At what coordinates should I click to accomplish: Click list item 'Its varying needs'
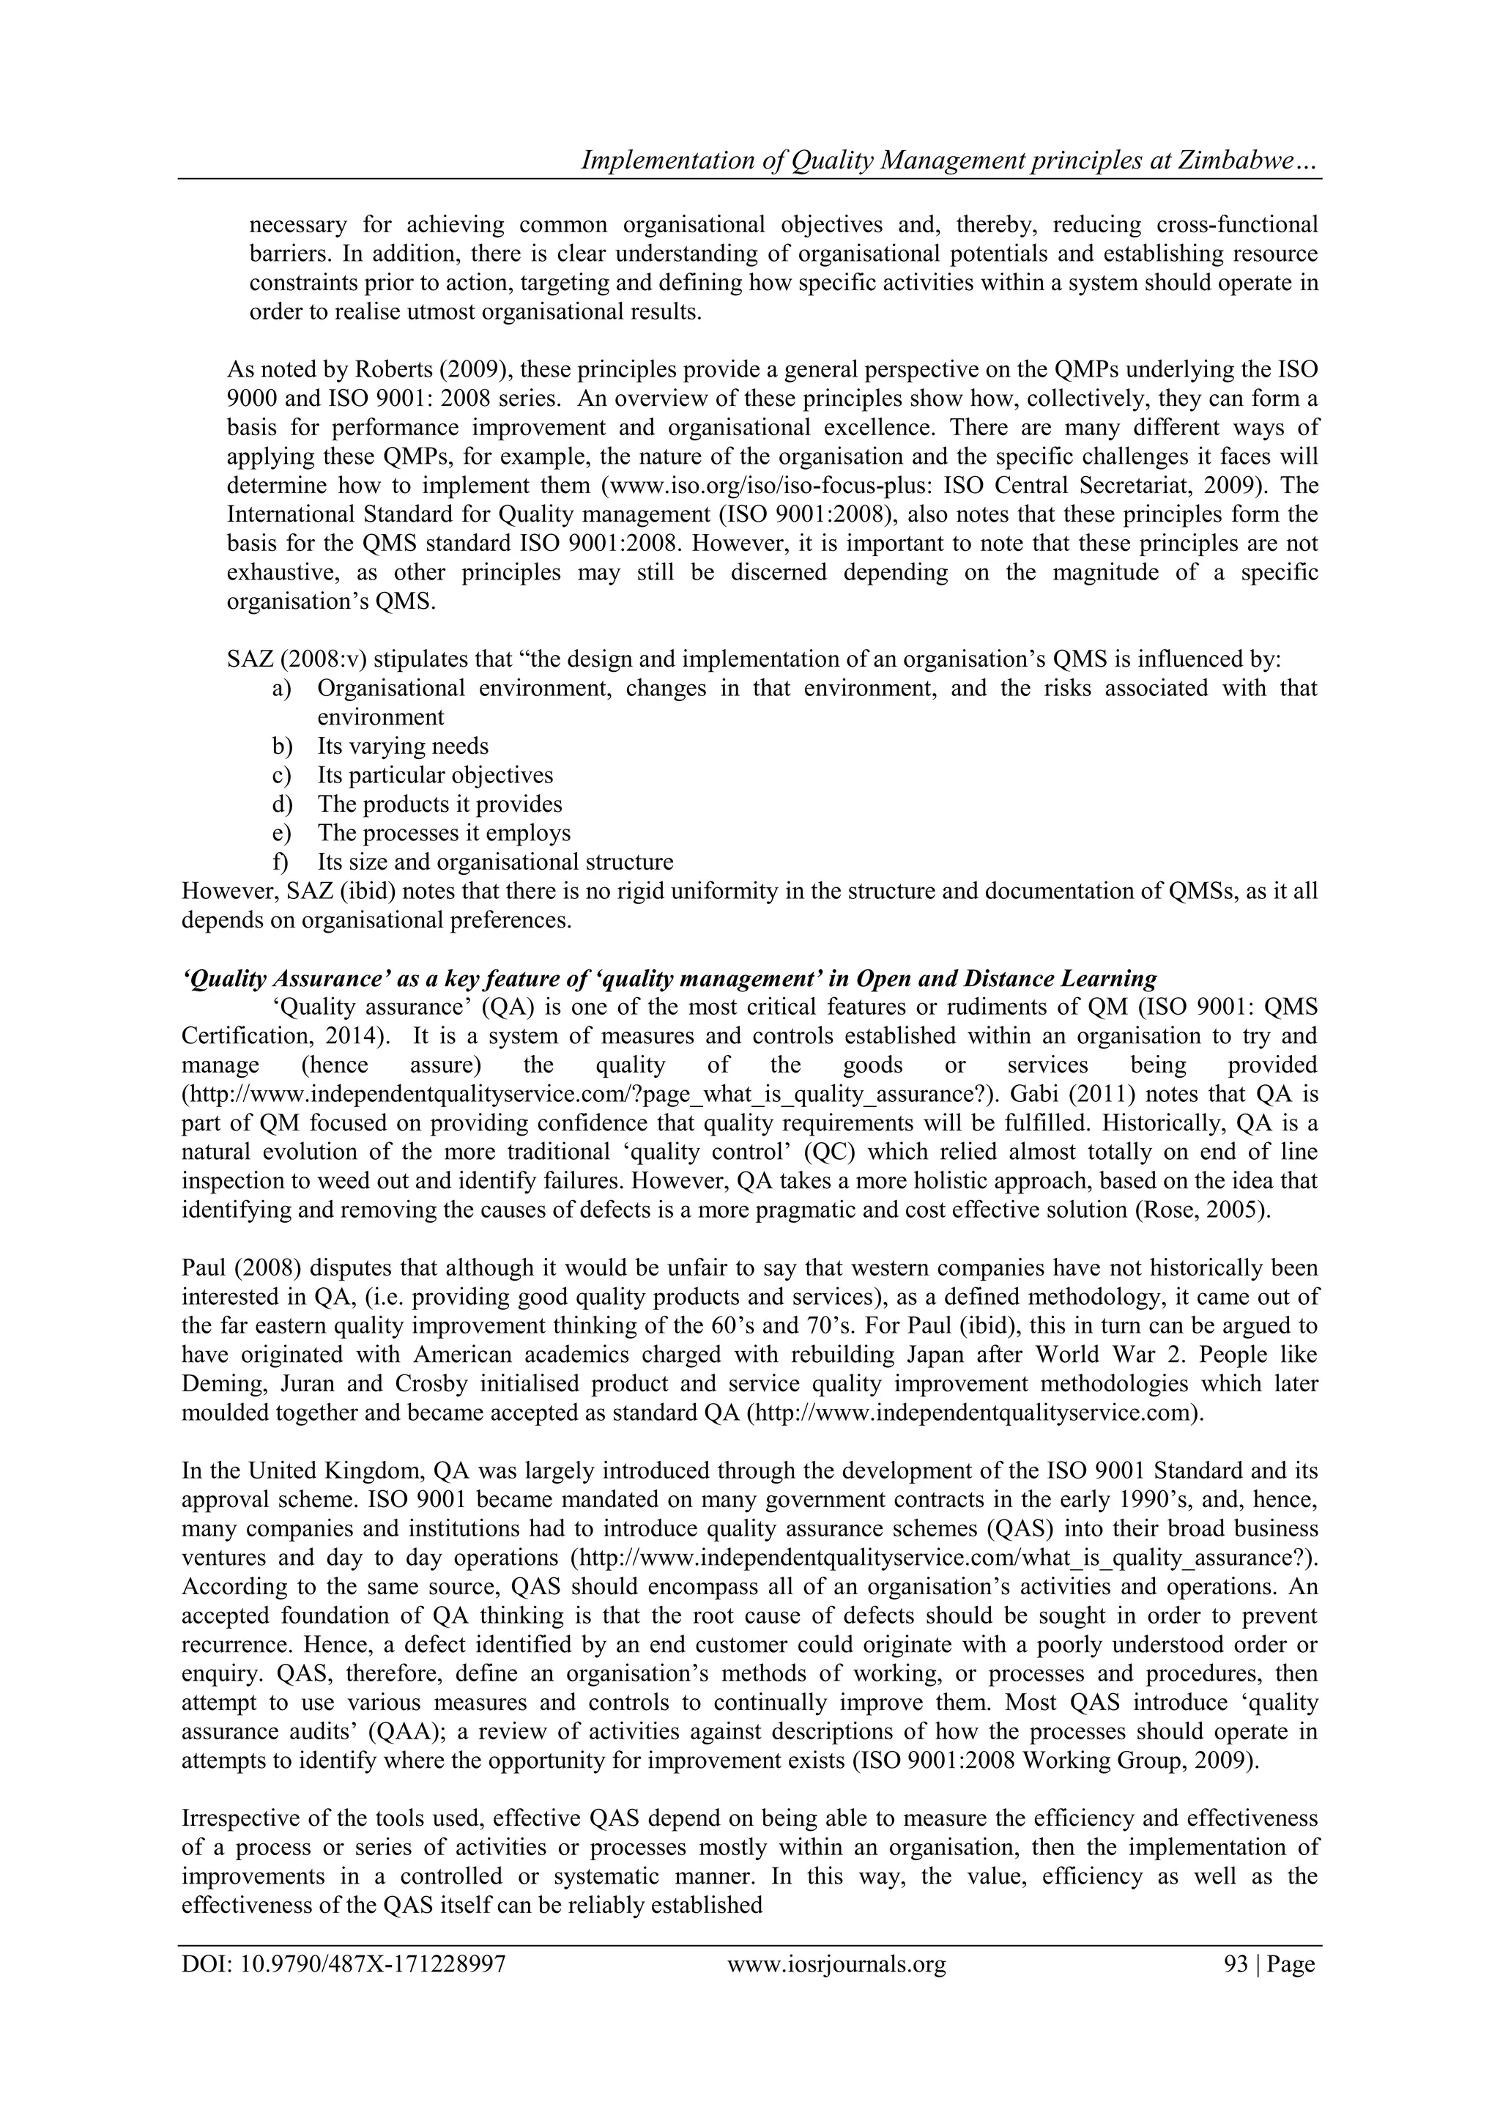coord(403,746)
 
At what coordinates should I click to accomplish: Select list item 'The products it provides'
coord(439,804)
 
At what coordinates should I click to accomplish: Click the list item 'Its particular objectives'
coord(435,775)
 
